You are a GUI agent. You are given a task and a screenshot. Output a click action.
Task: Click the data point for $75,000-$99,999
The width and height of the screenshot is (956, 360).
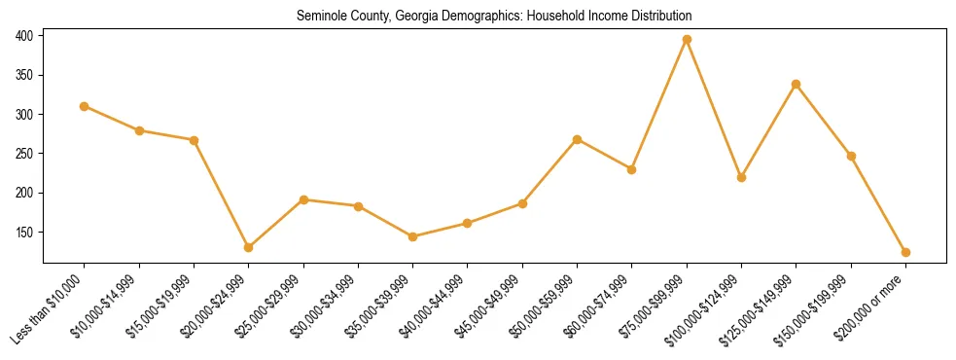[687, 40]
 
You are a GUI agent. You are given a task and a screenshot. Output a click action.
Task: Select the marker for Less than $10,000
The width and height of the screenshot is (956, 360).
[85, 106]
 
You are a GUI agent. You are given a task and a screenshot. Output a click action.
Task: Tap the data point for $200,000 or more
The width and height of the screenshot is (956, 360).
[905, 252]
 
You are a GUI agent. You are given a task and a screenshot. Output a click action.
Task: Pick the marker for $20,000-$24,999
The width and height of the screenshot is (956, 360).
[249, 247]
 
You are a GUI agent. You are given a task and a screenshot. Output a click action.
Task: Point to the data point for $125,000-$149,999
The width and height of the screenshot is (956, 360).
[797, 85]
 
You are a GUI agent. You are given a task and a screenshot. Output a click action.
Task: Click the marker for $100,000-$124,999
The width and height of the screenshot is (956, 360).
[741, 177]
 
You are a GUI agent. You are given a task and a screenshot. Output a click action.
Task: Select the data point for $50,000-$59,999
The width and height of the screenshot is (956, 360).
[577, 139]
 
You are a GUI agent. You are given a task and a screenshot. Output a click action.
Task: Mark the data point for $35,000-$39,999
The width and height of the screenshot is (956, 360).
[412, 236]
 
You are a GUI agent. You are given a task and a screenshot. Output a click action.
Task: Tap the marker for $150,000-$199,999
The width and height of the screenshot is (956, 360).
[851, 156]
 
